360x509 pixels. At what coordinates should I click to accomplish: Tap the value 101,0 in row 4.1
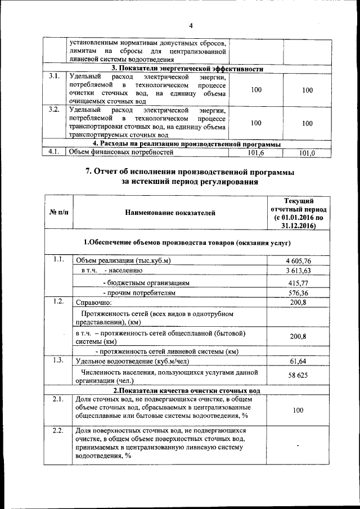307,152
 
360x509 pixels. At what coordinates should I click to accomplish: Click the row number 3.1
54,76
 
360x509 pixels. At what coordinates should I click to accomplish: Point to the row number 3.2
54,109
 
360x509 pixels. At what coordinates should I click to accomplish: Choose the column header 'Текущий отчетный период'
298,213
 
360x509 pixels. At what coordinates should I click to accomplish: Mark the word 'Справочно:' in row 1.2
94,303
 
